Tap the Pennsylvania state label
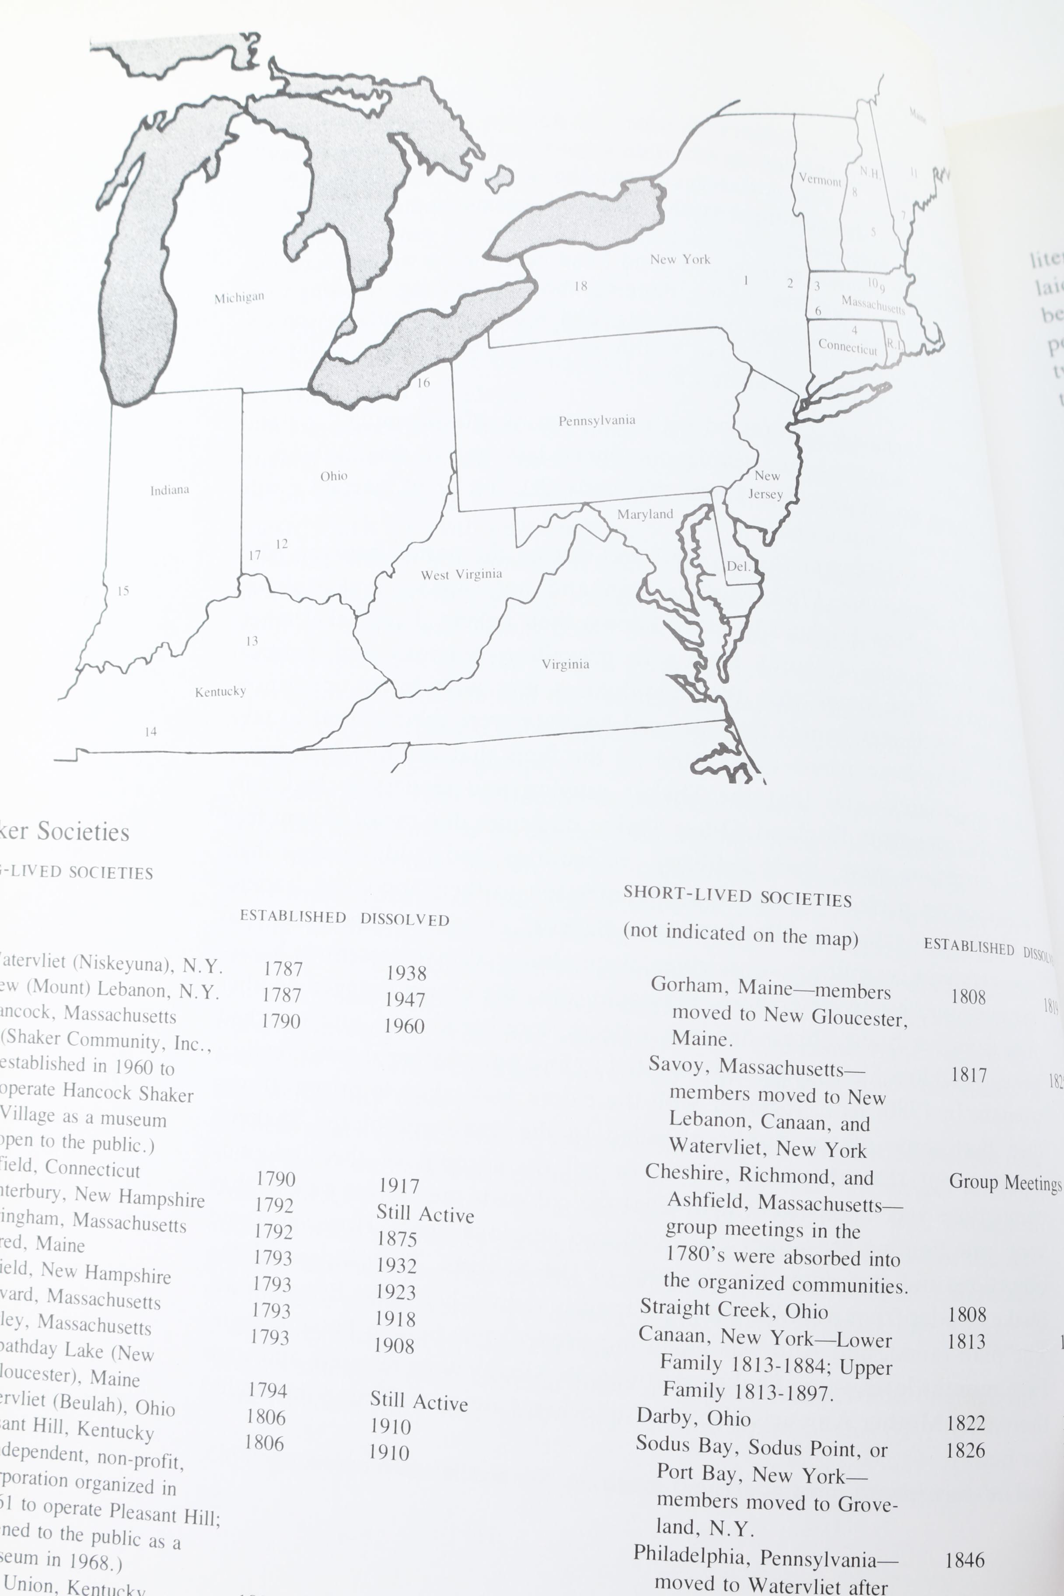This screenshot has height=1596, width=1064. point(597,421)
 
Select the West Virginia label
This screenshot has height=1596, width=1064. point(462,575)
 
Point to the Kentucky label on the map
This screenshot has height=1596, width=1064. point(220,691)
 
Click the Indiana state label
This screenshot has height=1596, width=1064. point(170,490)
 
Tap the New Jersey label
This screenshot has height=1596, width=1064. point(766,484)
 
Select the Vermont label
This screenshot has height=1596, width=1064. point(820,180)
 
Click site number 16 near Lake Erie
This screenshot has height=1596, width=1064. point(423,383)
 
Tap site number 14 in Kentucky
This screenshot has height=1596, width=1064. point(150,731)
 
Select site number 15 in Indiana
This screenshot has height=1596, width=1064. point(123,591)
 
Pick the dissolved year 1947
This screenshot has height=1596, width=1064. point(405,999)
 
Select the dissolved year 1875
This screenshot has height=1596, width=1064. point(397,1239)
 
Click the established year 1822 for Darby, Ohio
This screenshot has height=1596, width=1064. point(966,1422)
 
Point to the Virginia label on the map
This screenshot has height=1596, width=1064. point(565,664)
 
